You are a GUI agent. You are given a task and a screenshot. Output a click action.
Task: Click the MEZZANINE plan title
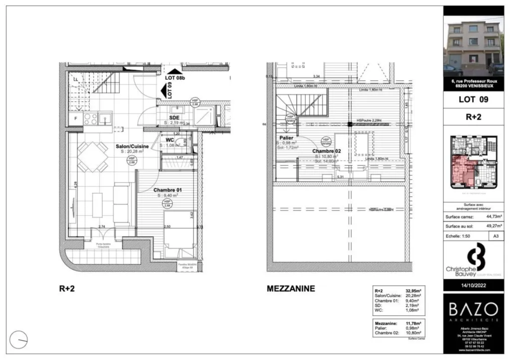[291, 288]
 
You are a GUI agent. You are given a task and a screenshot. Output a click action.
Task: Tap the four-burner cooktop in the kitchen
[90, 119]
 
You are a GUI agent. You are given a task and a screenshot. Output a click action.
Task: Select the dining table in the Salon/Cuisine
[93, 156]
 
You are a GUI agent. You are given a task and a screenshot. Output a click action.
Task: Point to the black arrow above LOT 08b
[174, 72]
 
